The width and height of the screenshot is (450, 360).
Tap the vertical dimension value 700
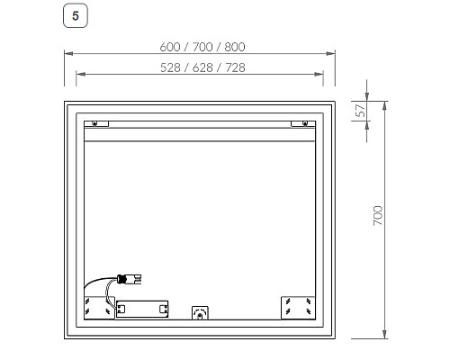pyautogui.click(x=378, y=216)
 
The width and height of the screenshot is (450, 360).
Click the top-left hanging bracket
pyautogui.click(x=100, y=122)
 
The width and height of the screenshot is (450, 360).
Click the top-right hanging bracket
pyautogui.click(x=301, y=122)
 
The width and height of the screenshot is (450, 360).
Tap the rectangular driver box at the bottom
pyautogui.click(x=144, y=309)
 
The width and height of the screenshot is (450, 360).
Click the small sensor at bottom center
pyautogui.click(x=200, y=313)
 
